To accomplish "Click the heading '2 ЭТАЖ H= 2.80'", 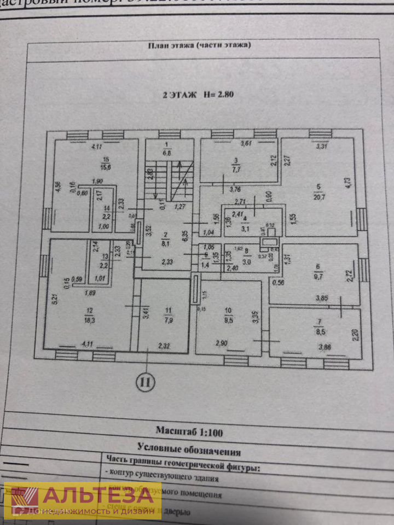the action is (x=198, y=94).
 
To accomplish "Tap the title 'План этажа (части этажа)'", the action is (x=199, y=46).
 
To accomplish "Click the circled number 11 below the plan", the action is (x=146, y=382).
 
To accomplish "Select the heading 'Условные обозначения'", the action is (x=189, y=451).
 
